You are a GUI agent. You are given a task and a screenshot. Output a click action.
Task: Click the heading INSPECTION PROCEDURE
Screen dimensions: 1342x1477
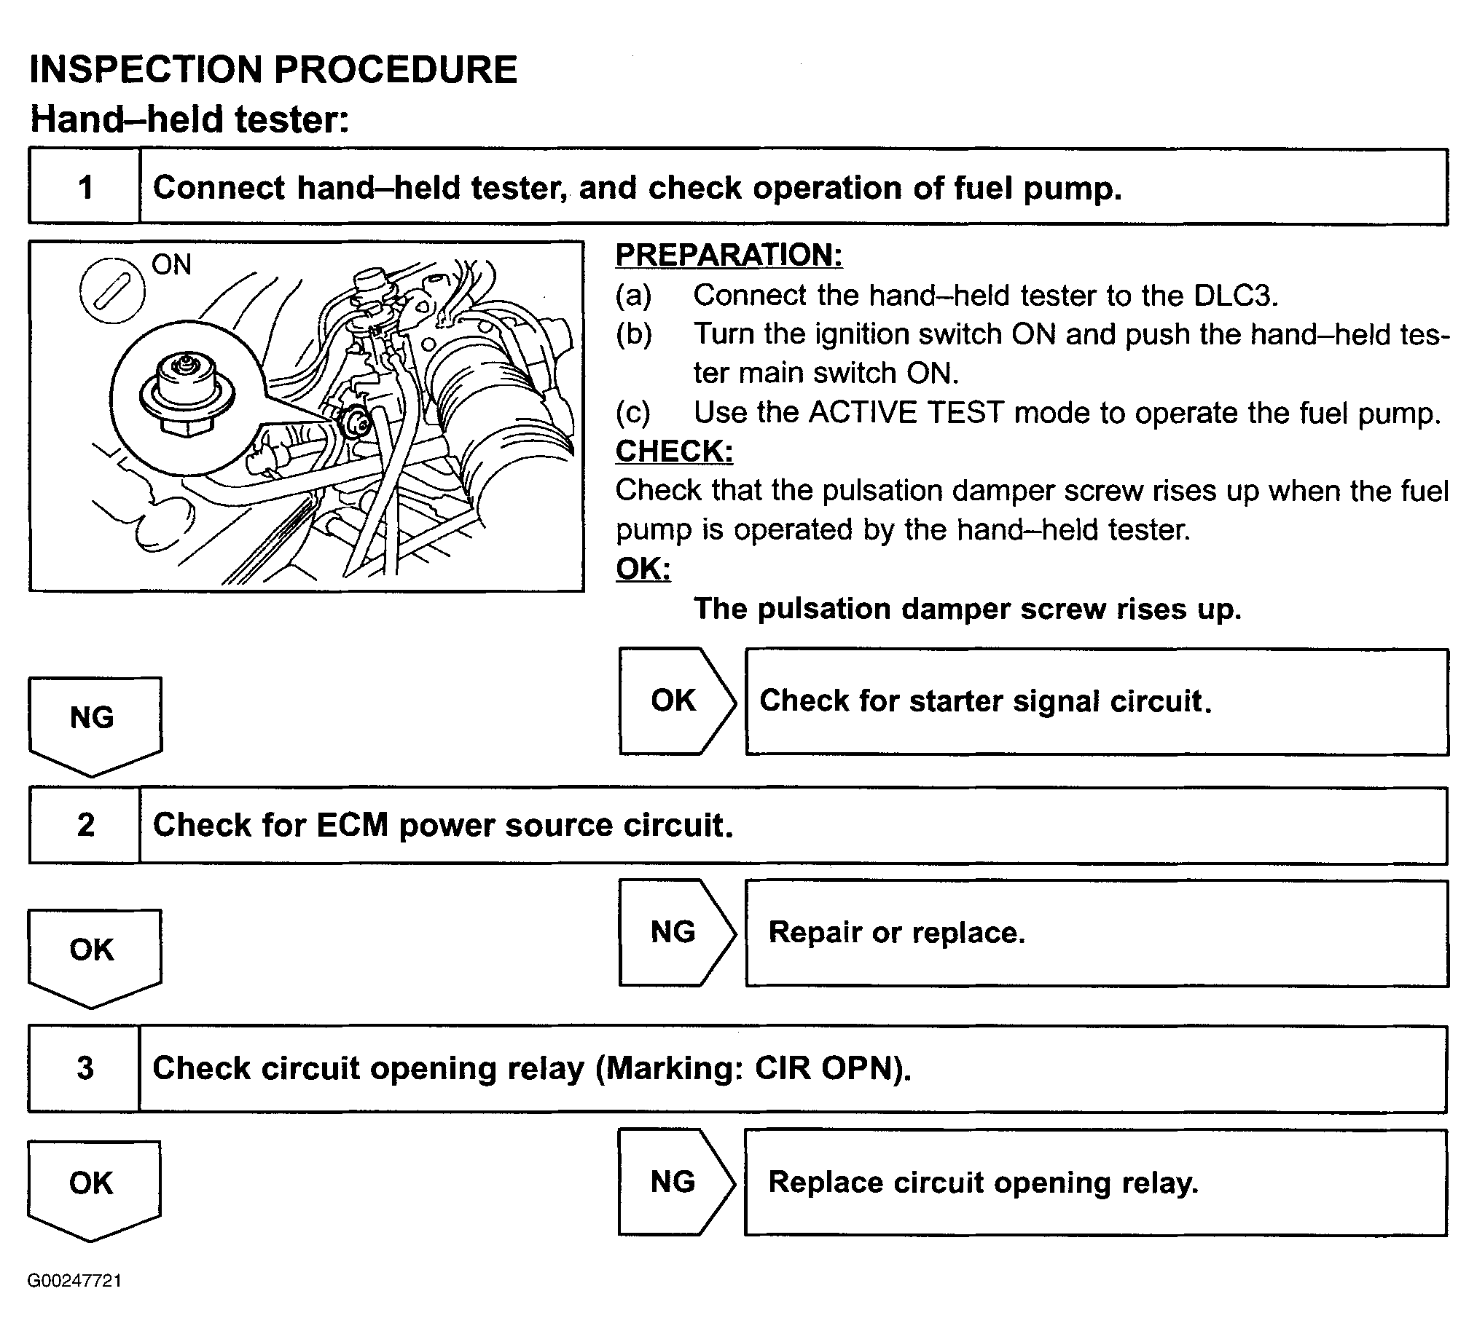[x=273, y=71]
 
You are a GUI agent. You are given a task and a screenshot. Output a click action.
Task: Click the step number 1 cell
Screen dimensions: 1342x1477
[x=85, y=187]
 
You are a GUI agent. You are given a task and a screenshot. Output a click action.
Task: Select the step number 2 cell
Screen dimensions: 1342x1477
[x=85, y=825]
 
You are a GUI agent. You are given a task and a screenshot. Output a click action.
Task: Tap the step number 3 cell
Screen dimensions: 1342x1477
[x=85, y=1068]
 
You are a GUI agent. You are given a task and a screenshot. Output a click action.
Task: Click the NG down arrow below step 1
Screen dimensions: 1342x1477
[x=94, y=721]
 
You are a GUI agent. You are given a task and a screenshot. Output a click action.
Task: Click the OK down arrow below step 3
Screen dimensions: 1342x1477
[x=93, y=1185]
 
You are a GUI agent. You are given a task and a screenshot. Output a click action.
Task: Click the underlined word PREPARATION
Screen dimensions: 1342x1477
[x=728, y=255]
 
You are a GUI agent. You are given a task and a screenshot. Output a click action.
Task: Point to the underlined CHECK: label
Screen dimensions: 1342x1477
[x=673, y=451]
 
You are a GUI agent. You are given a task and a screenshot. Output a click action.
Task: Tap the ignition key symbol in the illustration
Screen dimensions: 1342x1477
[x=112, y=291]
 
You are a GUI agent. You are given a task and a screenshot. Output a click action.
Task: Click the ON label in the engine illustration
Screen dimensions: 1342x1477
[x=171, y=264]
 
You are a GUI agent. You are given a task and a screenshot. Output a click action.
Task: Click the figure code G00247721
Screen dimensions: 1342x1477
[x=75, y=1281]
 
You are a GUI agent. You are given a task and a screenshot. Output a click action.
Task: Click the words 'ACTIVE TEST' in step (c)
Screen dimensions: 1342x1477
[x=906, y=413]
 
